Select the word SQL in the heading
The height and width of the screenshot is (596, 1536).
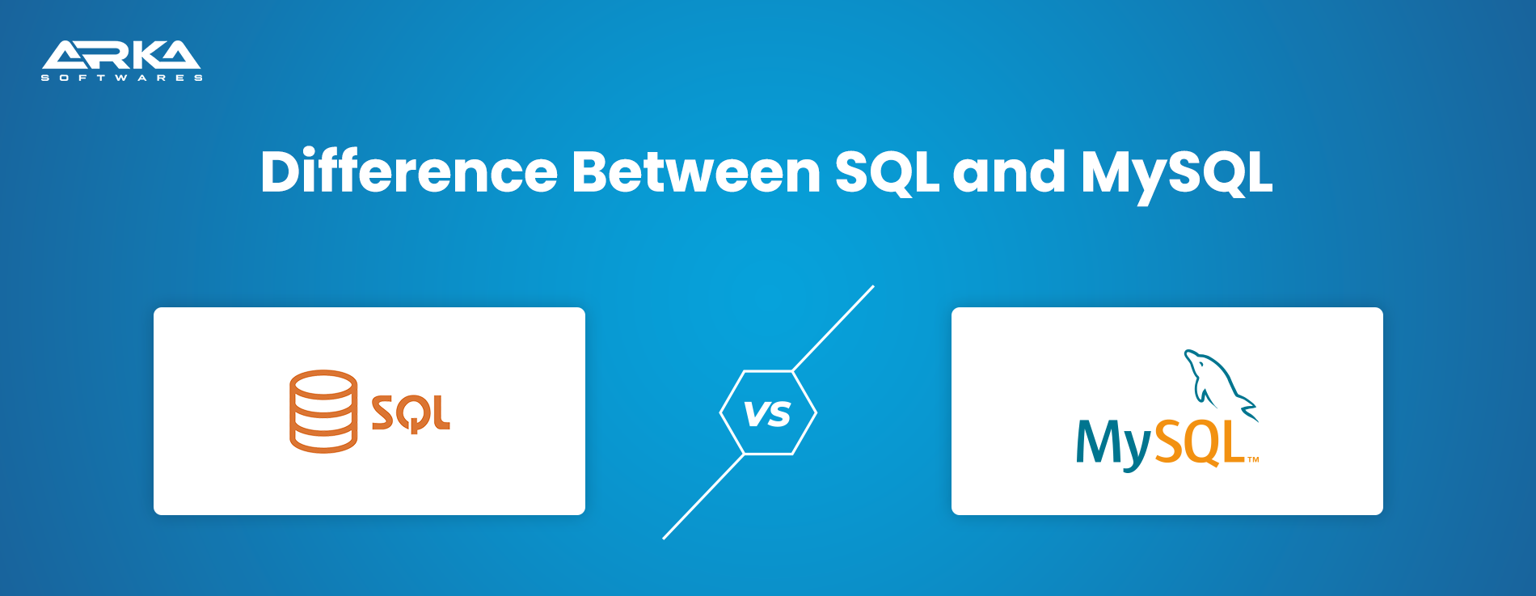click(887, 173)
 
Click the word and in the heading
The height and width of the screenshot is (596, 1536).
click(1009, 171)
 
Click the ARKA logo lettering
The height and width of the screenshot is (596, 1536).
click(121, 55)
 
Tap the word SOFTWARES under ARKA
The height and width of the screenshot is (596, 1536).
click(122, 78)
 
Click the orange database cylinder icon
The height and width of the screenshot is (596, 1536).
click(323, 411)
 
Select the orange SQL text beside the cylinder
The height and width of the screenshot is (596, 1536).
click(411, 413)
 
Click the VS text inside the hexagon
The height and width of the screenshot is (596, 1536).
click(767, 414)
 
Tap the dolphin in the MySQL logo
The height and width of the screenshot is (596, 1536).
click(1221, 385)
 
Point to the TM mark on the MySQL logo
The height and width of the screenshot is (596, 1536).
click(1253, 459)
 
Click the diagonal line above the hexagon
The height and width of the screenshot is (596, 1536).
click(833, 328)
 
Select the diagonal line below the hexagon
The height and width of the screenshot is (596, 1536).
click(703, 497)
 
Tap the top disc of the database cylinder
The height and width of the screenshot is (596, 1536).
click(323, 383)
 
